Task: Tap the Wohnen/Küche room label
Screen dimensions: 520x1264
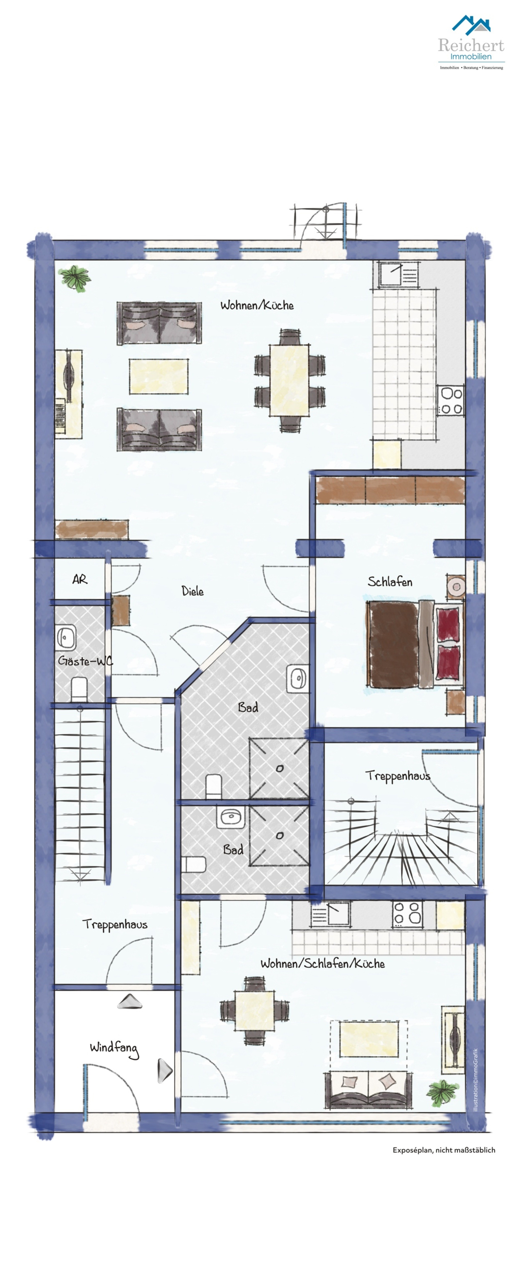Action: click(x=257, y=305)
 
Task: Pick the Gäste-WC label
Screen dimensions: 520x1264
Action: click(x=85, y=661)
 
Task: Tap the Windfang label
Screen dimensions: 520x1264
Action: click(x=114, y=1049)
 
